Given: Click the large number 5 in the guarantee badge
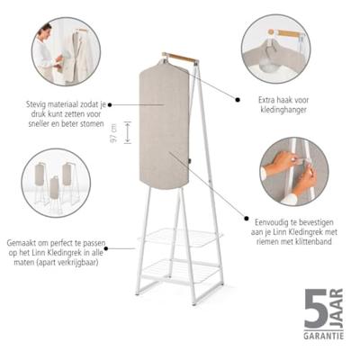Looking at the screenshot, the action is (316, 309).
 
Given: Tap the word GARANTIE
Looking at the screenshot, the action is (324, 336).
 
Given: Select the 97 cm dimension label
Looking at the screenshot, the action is (114, 133).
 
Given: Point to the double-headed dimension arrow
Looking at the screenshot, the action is (128, 132).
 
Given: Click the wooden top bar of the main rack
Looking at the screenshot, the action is (180, 58).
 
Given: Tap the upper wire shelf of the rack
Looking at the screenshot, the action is (180, 236).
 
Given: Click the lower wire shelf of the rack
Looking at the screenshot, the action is (179, 272).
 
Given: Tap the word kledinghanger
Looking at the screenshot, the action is (283, 110).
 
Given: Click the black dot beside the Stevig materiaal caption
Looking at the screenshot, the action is (110, 104).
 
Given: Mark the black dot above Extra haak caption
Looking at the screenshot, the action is (238, 100).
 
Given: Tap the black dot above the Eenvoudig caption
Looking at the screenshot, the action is (247, 219).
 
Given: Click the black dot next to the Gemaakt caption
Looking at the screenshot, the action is (107, 248).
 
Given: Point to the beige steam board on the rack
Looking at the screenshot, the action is (165, 124).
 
